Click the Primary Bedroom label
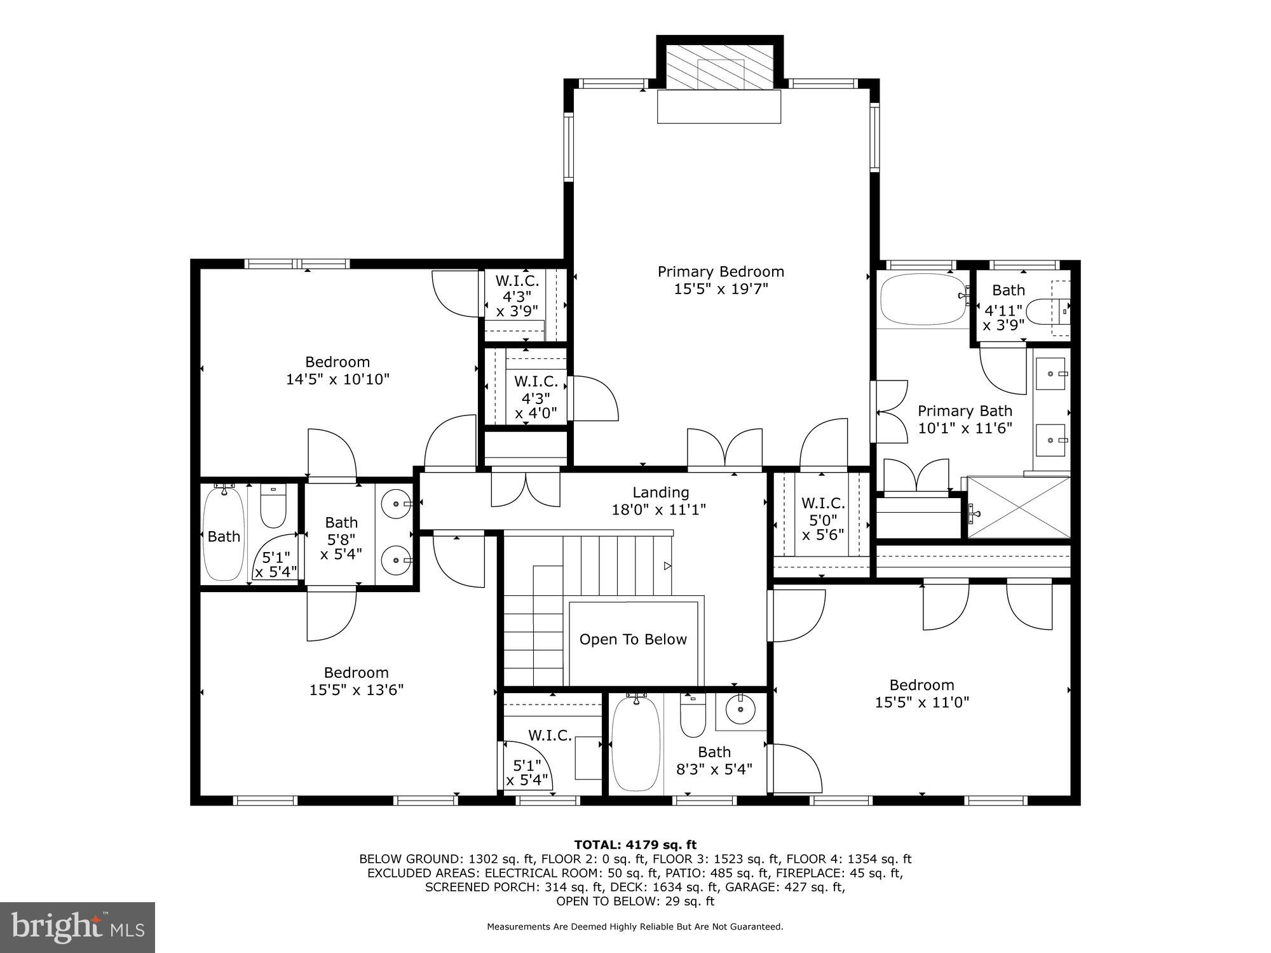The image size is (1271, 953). pos(721,272)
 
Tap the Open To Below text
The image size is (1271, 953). pos(633,640)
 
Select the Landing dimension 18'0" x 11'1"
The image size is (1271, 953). pos(659,510)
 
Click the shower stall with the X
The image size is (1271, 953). pos(1018,507)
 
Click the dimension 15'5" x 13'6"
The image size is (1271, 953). pos(357,690)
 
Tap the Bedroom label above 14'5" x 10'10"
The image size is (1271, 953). pos(337,362)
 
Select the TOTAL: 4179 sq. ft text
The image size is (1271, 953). pos(635,845)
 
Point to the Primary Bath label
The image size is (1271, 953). pos(965,411)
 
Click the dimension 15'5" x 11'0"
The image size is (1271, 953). pos(921,703)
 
